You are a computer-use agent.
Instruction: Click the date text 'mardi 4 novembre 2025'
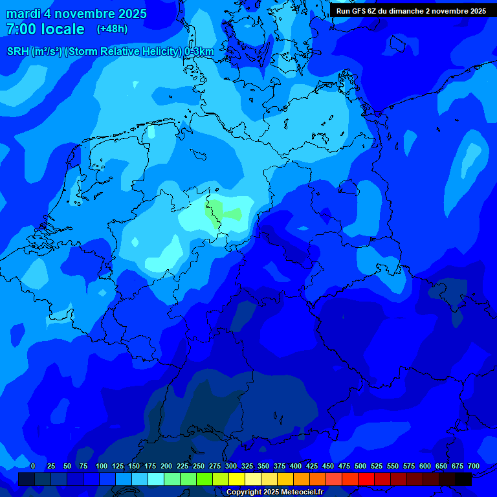point(76,14)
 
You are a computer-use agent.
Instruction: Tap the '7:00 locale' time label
point(45,29)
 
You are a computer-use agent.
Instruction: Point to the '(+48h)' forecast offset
point(112,29)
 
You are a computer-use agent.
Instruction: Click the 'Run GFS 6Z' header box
point(412,10)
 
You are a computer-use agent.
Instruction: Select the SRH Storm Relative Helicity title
point(110,51)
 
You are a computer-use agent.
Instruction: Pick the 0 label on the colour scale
point(33,466)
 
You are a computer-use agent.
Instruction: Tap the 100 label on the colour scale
point(102,466)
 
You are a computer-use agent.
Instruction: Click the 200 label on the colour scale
point(166,466)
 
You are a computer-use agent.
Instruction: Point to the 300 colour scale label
point(231,466)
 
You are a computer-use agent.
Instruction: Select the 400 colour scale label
point(296,466)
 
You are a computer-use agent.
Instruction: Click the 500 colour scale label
point(360,466)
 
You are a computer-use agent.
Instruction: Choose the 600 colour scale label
point(425,466)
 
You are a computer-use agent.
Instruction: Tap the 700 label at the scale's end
point(474,466)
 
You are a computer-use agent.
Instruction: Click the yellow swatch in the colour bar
point(237,479)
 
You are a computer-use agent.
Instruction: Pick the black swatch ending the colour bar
point(463,479)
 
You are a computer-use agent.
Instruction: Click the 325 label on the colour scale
point(247,466)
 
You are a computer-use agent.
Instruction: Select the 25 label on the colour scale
point(51,466)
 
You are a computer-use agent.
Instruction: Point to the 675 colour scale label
point(458,466)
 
